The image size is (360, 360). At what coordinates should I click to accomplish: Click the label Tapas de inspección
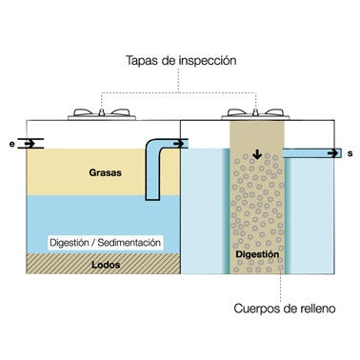[181, 60]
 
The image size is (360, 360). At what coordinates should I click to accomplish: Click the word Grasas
[106, 172]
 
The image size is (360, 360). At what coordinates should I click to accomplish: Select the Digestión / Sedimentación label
[106, 243]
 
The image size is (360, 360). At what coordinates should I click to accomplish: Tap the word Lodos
[106, 265]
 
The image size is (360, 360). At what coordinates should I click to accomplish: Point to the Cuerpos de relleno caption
[285, 309]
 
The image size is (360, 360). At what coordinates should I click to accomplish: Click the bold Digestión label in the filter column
[257, 254]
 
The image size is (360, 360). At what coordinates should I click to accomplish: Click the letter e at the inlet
[12, 144]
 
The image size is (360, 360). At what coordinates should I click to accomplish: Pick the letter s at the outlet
[350, 153]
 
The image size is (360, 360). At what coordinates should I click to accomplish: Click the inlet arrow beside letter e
[30, 144]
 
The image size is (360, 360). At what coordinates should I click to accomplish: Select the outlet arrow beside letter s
[333, 153]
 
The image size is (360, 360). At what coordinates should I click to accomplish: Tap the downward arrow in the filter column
[257, 154]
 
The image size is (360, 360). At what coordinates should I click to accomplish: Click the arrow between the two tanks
[179, 144]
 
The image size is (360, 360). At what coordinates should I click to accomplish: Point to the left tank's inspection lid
[102, 114]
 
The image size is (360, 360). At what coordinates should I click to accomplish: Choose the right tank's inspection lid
[255, 114]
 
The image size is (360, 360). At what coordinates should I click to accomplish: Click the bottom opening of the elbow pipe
[152, 199]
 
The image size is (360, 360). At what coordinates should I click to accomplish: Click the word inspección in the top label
[208, 61]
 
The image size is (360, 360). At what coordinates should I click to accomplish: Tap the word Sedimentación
[129, 243]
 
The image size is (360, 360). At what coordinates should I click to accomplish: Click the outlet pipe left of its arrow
[305, 153]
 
